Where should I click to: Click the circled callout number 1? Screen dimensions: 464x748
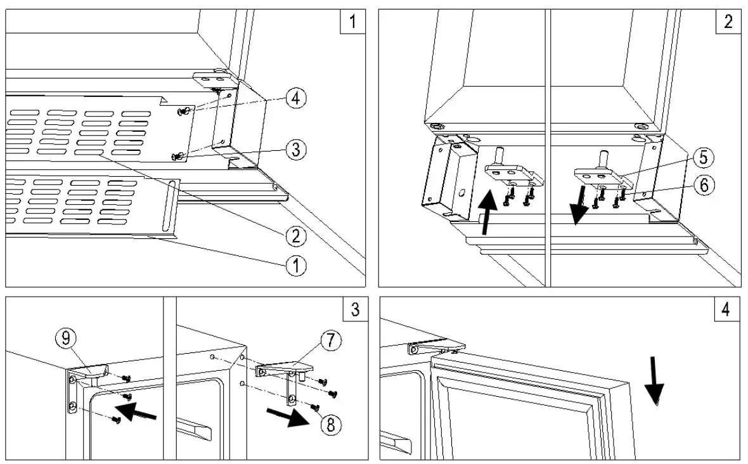click(295, 264)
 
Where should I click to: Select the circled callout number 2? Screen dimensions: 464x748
click(295, 236)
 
